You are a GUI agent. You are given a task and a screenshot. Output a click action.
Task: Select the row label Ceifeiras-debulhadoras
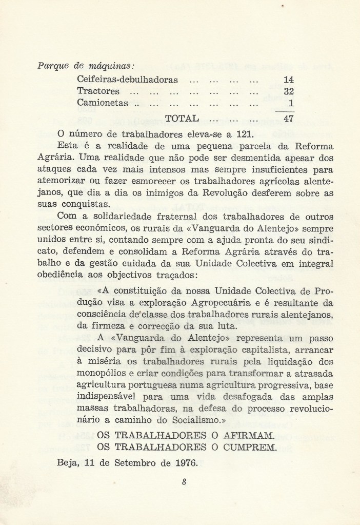coord(127,80)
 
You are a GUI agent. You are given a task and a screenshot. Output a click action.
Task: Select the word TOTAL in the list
coord(182,119)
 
